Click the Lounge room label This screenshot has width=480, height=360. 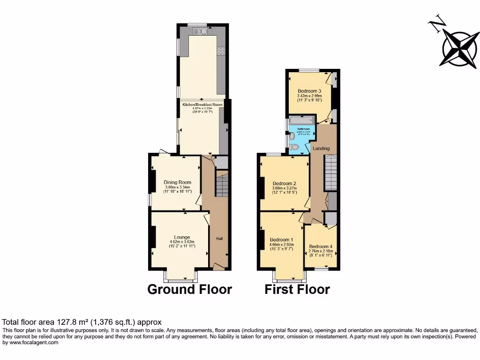click(182, 237)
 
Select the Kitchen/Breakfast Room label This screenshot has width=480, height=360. click(202, 105)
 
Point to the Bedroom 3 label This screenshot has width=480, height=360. click(309, 91)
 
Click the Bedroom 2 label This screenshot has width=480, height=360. click(284, 183)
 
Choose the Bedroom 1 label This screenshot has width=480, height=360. click(281, 240)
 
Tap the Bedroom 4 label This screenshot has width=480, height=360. click(321, 247)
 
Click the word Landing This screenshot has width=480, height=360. click(322, 149)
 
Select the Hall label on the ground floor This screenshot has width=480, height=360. click(219, 239)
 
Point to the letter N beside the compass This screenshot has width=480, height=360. click(437, 24)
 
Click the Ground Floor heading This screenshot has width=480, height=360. click(189, 289)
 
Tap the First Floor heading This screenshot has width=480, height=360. click(297, 289)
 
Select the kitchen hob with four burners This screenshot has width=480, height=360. click(220, 50)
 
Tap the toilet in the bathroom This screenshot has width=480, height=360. click(294, 147)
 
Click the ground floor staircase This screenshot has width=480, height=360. click(222, 185)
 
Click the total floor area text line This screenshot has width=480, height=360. click(82, 322)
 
